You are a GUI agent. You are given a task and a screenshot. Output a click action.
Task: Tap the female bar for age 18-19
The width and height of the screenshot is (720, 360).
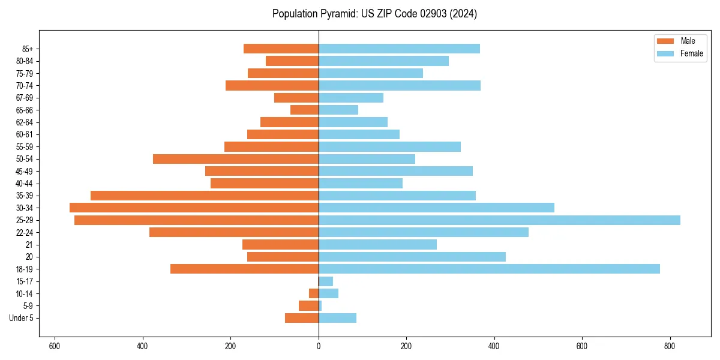point(489,269)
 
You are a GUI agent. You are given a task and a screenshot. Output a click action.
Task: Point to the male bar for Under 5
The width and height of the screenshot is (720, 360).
point(302,318)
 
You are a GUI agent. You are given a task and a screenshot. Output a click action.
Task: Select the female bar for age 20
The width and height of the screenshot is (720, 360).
point(412,257)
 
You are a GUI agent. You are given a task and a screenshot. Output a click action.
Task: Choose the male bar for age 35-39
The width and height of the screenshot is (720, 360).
point(205,196)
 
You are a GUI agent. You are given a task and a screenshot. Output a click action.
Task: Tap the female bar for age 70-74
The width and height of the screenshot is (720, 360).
point(400,85)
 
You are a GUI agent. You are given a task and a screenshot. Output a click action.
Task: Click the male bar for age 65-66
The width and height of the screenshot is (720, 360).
point(304,110)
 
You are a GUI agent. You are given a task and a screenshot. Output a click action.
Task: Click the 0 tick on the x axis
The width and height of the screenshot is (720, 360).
point(319,346)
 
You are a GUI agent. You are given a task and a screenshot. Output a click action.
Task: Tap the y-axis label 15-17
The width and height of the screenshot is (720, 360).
point(25,281)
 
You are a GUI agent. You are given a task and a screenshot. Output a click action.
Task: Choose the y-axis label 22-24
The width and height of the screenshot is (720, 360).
point(25,232)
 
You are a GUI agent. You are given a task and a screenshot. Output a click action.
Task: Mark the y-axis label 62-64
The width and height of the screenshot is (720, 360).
point(25,122)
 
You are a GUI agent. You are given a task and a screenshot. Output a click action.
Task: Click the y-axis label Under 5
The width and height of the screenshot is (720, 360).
point(21,318)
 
